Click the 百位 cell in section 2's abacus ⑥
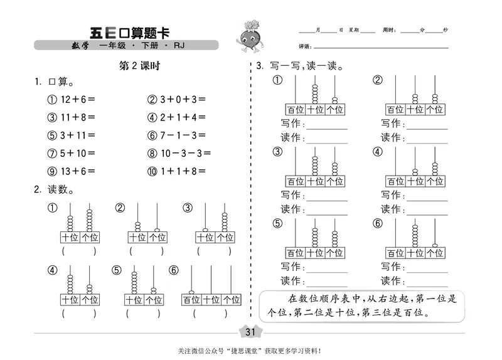[x=192, y=300]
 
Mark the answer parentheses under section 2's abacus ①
[x=79, y=251]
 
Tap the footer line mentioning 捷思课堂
[x=251, y=351]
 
